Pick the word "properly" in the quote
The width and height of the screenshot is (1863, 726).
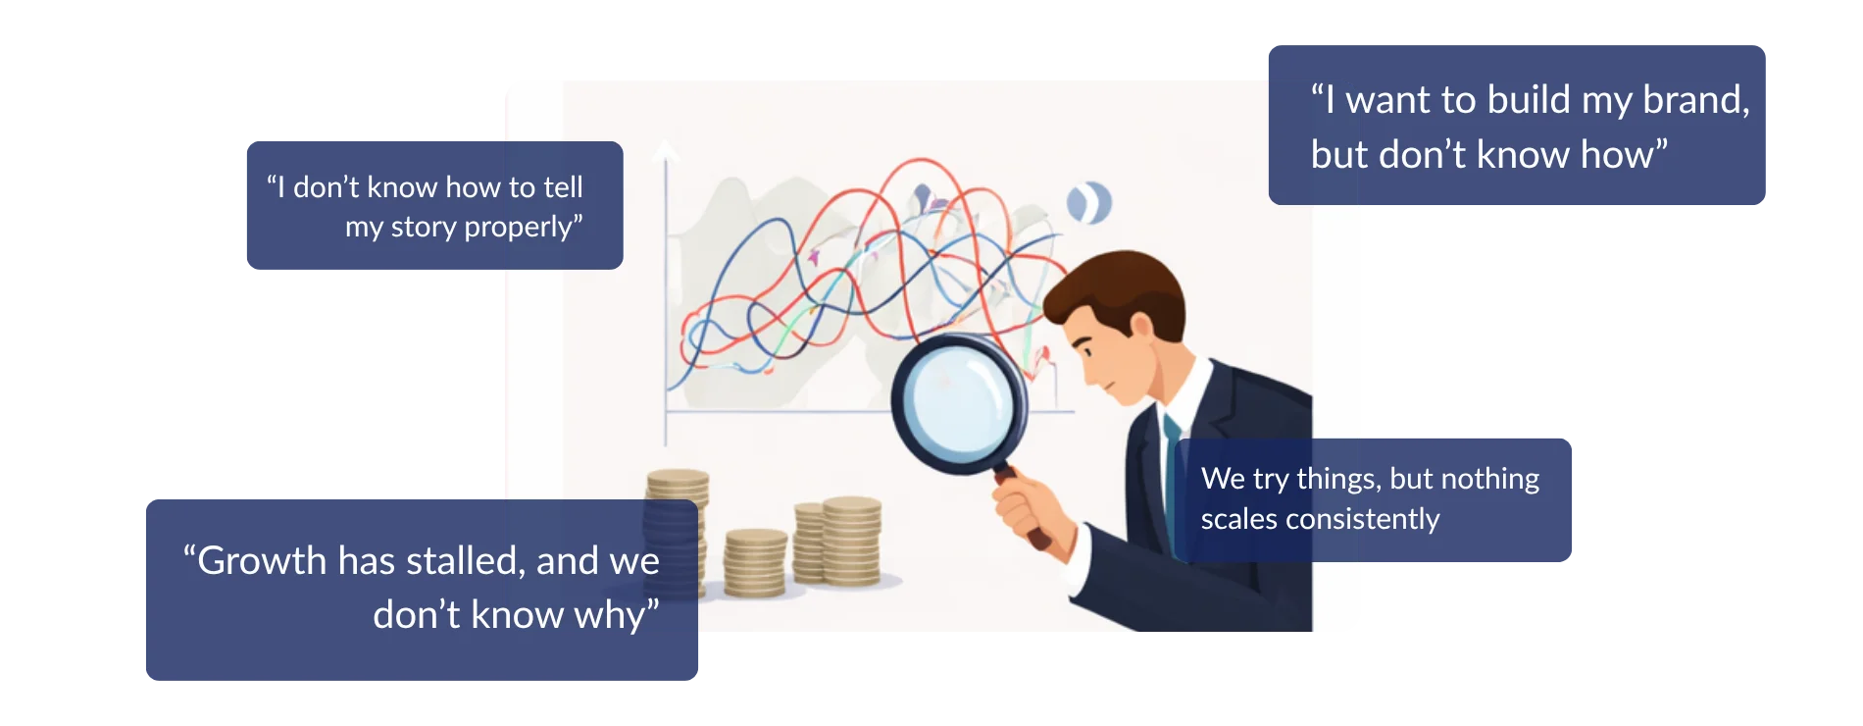point(521,228)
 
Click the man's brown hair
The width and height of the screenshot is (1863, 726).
point(1118,285)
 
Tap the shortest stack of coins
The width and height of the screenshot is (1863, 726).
point(755,563)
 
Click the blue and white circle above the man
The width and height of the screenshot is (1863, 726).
point(1088,202)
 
